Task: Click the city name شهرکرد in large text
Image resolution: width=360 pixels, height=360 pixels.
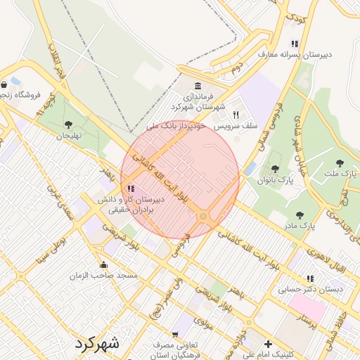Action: tap(96, 344)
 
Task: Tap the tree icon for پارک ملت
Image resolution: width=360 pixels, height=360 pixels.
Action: tap(350, 161)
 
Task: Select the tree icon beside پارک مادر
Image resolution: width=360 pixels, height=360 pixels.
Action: tap(300, 215)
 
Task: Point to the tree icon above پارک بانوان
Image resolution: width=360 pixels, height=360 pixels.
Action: tap(274, 169)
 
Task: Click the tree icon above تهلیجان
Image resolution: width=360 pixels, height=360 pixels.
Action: tap(68, 124)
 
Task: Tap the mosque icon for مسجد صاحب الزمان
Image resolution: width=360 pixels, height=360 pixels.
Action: tap(104, 264)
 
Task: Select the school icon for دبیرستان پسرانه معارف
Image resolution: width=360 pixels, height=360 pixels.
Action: tap(294, 44)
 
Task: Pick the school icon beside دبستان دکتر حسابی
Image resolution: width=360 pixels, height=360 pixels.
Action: tap(310, 278)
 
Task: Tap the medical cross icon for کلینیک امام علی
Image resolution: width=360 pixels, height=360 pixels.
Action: tap(267, 345)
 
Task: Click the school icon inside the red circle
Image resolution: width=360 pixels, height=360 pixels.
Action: tap(131, 188)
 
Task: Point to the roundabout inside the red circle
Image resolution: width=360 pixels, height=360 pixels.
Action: tap(203, 217)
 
